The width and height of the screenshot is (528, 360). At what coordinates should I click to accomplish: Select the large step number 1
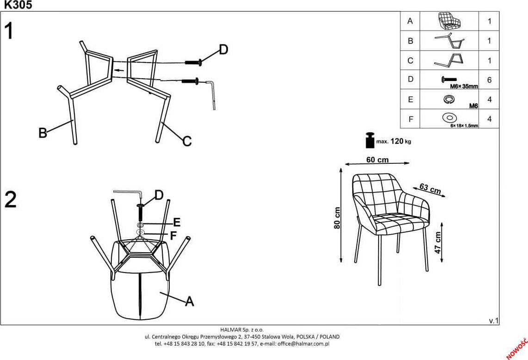click(9, 32)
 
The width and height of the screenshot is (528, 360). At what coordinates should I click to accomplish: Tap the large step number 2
click(10, 199)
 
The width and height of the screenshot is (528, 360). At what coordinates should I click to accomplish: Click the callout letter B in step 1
click(43, 133)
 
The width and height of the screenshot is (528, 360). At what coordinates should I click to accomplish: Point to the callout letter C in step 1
click(187, 141)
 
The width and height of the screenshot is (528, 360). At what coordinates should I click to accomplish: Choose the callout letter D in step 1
click(223, 50)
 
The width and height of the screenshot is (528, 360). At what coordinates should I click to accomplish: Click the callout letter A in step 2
click(189, 302)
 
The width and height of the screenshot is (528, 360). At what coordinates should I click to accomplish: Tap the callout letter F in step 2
click(173, 236)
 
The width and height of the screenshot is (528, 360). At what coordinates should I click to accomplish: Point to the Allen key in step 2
click(127, 193)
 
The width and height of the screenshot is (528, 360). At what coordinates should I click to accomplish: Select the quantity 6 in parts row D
click(489, 80)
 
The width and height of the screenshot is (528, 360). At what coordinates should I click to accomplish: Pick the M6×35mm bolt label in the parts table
click(464, 86)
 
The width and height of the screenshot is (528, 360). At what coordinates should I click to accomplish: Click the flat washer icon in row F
click(449, 118)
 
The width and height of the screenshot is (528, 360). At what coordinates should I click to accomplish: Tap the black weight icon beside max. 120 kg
click(370, 140)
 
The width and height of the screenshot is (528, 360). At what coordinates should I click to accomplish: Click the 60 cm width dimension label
click(377, 160)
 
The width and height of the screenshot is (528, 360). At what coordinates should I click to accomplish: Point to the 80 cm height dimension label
click(337, 217)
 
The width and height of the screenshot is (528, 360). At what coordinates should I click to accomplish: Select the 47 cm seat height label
click(438, 242)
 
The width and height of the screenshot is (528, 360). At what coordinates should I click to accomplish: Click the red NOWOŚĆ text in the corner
click(517, 348)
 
